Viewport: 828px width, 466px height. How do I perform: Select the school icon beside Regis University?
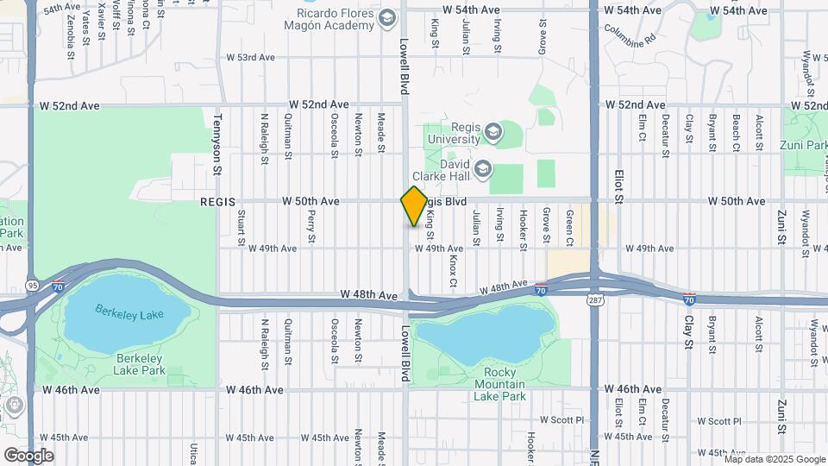click(492, 132)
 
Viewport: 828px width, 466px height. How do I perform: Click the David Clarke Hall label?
click(442, 173)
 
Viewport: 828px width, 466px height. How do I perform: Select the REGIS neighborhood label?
click(217, 202)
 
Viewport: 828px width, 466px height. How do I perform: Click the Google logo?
click(28, 455)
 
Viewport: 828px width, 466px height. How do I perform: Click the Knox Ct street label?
click(453, 271)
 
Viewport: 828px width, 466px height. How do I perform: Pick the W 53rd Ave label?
click(250, 58)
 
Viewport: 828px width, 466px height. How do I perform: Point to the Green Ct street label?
click(570, 226)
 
